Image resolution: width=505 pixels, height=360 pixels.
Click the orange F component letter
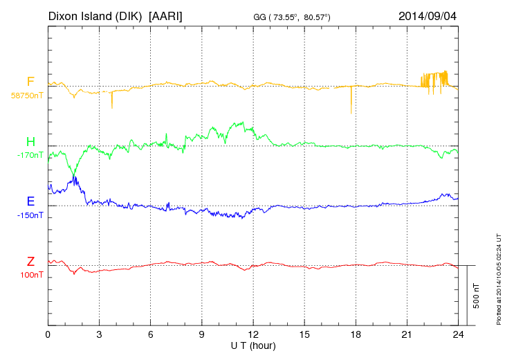coord(30,82)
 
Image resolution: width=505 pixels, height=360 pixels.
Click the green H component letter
coord(30,143)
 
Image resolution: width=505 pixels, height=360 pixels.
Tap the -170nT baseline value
coord(30,155)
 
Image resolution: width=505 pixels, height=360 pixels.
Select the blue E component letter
coord(30,202)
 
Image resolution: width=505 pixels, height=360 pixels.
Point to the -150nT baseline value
coord(30,215)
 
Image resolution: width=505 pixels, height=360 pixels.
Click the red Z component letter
coord(30,262)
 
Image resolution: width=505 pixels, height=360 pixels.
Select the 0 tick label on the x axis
coord(48,334)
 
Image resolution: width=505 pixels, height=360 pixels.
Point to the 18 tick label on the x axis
coord(356,334)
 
